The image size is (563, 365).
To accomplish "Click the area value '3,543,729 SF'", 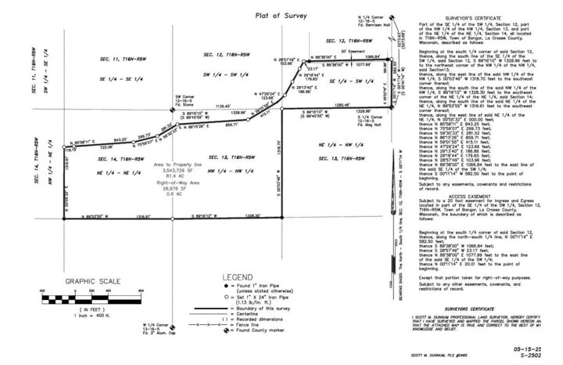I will point(178,169).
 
